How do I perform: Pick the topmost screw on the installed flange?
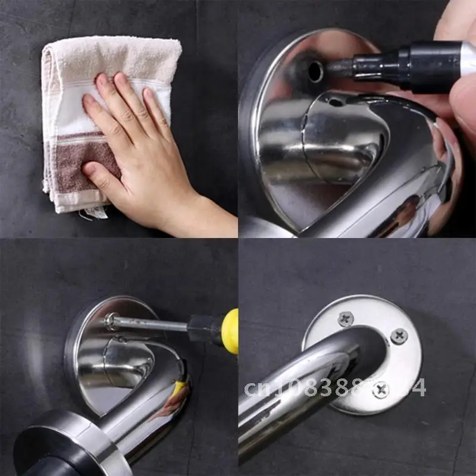[x=346, y=318]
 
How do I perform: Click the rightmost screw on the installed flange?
[x=399, y=336]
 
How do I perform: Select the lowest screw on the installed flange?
[x=380, y=390]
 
